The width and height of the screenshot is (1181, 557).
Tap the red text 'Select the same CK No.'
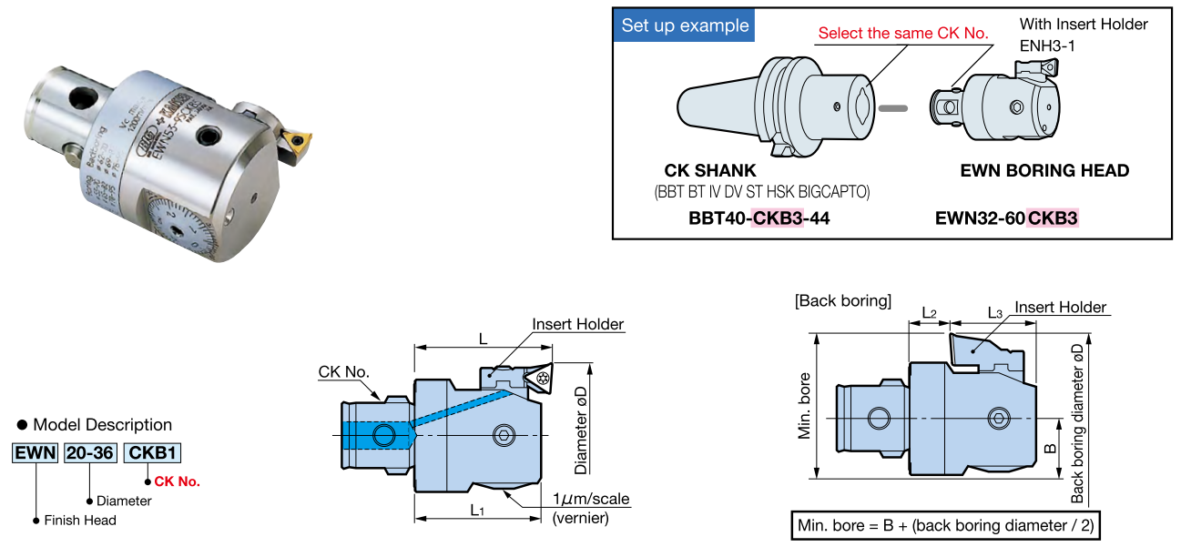tap(902, 34)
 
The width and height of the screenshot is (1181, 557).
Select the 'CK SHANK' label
tap(710, 171)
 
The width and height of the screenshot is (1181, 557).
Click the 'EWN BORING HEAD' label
tap(1044, 171)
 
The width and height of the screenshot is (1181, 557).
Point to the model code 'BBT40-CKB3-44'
tap(759, 219)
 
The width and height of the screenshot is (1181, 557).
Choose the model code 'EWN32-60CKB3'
tap(1006, 219)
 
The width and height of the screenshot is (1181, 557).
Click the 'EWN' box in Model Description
tap(36, 452)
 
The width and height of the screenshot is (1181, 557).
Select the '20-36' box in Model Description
tap(89, 452)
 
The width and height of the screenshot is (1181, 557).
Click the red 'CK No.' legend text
tap(177, 481)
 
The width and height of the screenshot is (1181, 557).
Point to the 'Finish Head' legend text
tap(80, 521)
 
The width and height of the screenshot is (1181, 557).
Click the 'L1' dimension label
tap(477, 511)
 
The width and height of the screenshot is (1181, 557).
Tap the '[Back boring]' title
tap(842, 300)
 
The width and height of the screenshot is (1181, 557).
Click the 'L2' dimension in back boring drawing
tap(929, 313)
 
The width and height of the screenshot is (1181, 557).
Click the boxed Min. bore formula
tap(947, 525)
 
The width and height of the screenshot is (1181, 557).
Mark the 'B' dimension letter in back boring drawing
tap(1049, 449)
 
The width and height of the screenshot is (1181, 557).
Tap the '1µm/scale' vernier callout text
tap(591, 500)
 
